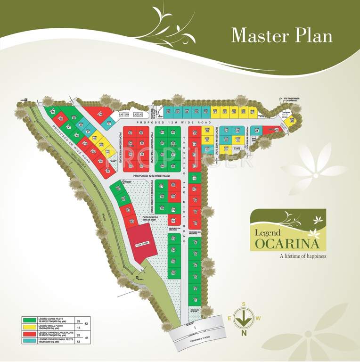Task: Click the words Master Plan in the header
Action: (282, 35)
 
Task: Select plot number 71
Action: (173, 210)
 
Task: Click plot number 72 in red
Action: (173, 221)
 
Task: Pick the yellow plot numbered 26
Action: (292, 121)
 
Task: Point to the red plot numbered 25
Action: (276, 130)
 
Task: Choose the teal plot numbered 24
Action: (257, 131)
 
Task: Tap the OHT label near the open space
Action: (126, 181)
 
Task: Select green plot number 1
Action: (195, 300)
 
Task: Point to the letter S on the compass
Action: (244, 304)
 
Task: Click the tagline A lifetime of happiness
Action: (303, 256)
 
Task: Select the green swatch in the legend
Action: (30, 320)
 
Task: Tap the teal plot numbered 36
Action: (168, 112)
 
